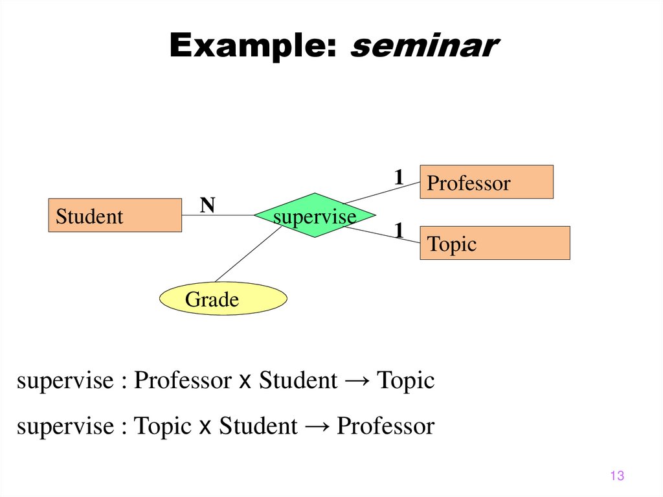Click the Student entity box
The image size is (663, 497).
coord(115,215)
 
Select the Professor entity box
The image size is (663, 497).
coord(486,182)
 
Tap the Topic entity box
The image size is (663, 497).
coord(495,243)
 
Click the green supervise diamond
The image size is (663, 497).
coord(314,215)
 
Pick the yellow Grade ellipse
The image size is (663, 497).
coord(223,299)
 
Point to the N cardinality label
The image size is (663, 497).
coord(207,205)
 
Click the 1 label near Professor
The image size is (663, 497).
coord(399,176)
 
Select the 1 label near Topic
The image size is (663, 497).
coord(399,230)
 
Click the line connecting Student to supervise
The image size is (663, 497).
coord(218,215)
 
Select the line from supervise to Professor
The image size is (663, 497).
coord(382,192)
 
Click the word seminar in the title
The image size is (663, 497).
coord(424,47)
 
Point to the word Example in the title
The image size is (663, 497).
coord(253,47)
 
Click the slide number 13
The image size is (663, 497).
coord(616,476)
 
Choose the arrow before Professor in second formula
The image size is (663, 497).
coord(317,426)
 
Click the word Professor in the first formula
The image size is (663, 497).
coord(182,381)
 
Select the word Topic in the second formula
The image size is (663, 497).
coord(163,426)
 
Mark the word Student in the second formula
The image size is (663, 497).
coord(258,426)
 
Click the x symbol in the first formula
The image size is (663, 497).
coord(245,382)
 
